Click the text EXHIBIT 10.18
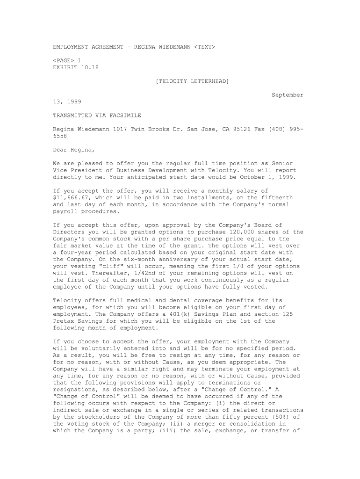point(76,67)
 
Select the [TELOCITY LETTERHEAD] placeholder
point(192,81)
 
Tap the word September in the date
point(288,95)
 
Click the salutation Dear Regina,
point(73,150)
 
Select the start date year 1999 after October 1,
point(288,177)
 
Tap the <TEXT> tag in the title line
point(205,47)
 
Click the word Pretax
point(63,321)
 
